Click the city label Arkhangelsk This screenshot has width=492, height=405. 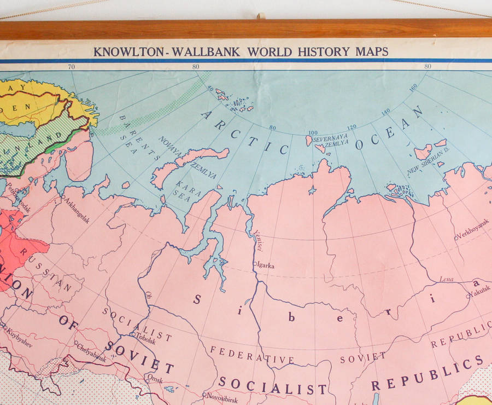[x=77, y=209]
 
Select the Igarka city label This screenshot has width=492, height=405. [x=265, y=266]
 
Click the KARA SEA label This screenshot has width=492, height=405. [x=189, y=188]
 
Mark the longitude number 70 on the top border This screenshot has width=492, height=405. [x=71, y=67]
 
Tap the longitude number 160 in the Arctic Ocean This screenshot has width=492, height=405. [x=413, y=88]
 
